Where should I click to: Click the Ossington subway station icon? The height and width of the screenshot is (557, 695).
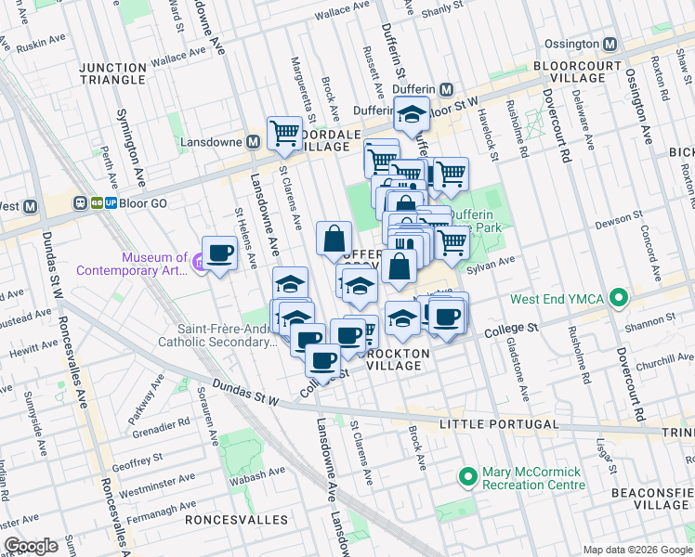click(610, 44)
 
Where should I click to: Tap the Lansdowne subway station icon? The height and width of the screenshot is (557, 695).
click(252, 142)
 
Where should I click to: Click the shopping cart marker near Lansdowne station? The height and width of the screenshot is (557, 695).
click(284, 132)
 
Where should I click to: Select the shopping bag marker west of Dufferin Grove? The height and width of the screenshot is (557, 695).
click(334, 239)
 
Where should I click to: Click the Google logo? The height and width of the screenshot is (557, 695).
click(31, 546)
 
